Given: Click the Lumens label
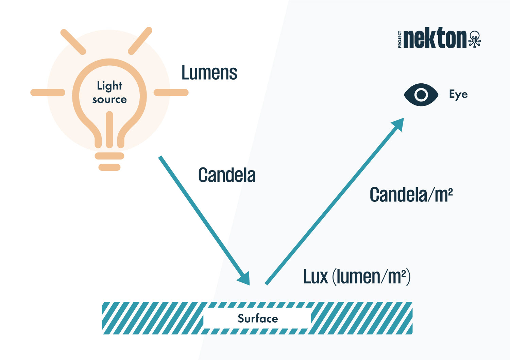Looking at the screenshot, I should click(209, 73).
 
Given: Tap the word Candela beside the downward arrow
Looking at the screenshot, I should click(227, 176).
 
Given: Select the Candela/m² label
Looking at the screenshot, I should click(411, 195).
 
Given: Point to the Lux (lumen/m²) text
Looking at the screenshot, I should click(357, 277).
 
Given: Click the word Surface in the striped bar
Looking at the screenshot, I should click(258, 318).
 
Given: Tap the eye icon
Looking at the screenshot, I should click(421, 95).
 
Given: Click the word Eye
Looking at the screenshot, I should click(458, 94).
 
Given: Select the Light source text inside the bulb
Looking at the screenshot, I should click(109, 92).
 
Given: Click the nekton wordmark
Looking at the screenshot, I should click(436, 38).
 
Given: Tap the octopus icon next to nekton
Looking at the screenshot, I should click(475, 39).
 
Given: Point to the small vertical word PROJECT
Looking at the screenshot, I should click(400, 39).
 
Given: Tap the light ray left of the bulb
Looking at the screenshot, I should click(48, 93).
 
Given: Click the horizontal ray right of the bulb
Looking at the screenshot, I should click(171, 93).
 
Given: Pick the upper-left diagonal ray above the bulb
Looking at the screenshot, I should click(73, 42).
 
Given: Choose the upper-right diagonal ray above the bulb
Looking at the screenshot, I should click(140, 41).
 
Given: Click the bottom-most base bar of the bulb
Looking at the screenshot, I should click(109, 167).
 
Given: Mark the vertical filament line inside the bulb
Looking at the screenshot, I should click(109, 129).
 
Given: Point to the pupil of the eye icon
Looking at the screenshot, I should click(421, 95).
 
